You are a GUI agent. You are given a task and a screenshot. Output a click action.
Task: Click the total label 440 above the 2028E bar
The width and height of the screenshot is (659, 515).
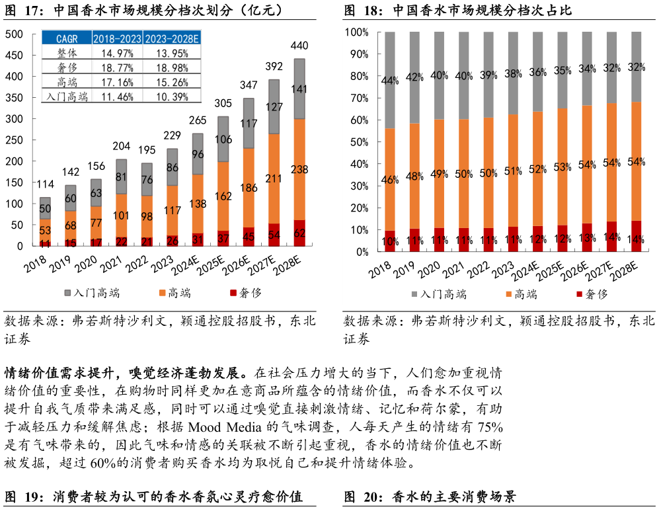(299, 46)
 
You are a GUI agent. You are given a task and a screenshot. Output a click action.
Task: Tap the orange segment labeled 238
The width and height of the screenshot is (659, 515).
(299, 170)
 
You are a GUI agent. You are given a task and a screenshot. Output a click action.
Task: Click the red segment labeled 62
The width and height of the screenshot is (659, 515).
(299, 233)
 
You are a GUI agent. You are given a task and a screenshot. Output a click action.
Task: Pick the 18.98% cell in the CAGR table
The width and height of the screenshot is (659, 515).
(171, 67)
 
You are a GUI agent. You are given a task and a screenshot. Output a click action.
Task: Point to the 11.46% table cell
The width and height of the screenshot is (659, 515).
(116, 97)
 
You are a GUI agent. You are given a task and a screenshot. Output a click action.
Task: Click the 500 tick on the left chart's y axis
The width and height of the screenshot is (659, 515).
(14, 34)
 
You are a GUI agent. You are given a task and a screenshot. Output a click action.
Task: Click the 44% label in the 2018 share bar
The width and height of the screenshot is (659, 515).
(390, 81)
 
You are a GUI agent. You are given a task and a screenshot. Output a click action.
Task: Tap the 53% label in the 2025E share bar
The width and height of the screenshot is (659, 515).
(562, 167)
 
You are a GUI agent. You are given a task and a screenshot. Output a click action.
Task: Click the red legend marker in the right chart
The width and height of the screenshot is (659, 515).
(580, 294)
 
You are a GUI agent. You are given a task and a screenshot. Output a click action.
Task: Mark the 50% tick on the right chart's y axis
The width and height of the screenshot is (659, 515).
(359, 142)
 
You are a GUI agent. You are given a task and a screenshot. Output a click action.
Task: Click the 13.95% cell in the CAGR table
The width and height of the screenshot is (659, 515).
(171, 53)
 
